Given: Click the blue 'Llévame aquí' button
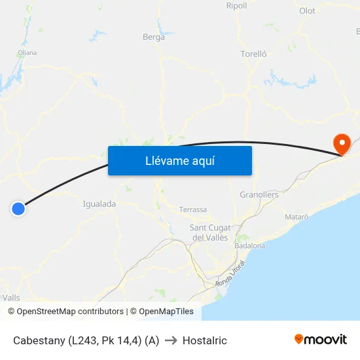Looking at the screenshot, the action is pyautogui.click(x=179, y=160).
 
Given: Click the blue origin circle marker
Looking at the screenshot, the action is pyautogui.click(x=18, y=209).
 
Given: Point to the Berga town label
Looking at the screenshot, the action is pyautogui.click(x=154, y=37).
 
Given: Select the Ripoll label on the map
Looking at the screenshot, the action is pyautogui.click(x=236, y=6).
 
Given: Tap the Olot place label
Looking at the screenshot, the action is pyautogui.click(x=306, y=11).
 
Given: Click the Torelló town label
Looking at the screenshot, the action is pyautogui.click(x=253, y=54).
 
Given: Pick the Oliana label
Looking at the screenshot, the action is pyautogui.click(x=27, y=53).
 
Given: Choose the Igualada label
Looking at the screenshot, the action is pyautogui.click(x=99, y=204).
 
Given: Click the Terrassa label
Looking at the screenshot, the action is pyautogui.click(x=193, y=210).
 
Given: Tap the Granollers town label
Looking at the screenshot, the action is pyautogui.click(x=259, y=195).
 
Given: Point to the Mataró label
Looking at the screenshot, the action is pyautogui.click(x=297, y=217).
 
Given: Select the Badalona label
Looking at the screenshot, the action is pyautogui.click(x=249, y=246).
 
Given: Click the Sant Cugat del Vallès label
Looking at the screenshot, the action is pyautogui.click(x=209, y=232).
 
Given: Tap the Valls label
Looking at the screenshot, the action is pyautogui.click(x=11, y=298).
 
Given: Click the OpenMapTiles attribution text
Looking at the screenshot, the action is pyautogui.click(x=166, y=312).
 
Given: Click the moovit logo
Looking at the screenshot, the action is pyautogui.click(x=320, y=339).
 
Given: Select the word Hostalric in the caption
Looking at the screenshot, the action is pyautogui.click(x=205, y=340).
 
